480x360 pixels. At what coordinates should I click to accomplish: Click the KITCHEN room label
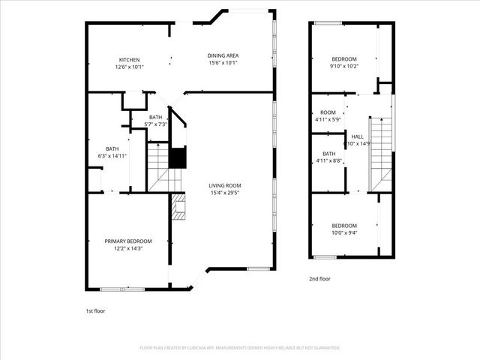[x=128, y=60]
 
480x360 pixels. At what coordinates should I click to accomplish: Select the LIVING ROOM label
[x=225, y=185]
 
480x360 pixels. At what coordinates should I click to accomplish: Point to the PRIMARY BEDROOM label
[x=127, y=241]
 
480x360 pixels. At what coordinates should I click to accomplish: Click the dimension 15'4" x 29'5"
[x=225, y=193]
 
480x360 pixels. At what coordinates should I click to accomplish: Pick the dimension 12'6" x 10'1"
[x=128, y=67]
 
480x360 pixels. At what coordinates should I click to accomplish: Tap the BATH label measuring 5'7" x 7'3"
[x=155, y=117]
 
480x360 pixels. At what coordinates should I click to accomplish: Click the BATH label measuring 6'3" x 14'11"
[x=112, y=148]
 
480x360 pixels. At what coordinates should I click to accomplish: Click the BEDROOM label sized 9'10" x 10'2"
[x=344, y=58]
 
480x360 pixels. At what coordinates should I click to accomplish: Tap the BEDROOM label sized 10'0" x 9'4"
[x=344, y=226]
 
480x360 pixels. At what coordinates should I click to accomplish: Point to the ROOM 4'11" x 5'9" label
[x=328, y=112]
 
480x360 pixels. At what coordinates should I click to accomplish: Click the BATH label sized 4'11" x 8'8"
[x=328, y=153]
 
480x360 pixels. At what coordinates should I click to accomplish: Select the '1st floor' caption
[x=96, y=310]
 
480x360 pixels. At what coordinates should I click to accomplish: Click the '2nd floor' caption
[x=319, y=278]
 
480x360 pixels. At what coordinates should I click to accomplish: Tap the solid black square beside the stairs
[x=177, y=158]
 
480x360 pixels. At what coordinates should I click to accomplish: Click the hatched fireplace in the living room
[x=178, y=206]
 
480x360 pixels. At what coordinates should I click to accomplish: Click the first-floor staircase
[x=158, y=166]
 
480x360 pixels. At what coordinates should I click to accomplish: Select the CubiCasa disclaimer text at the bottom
[x=240, y=348]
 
